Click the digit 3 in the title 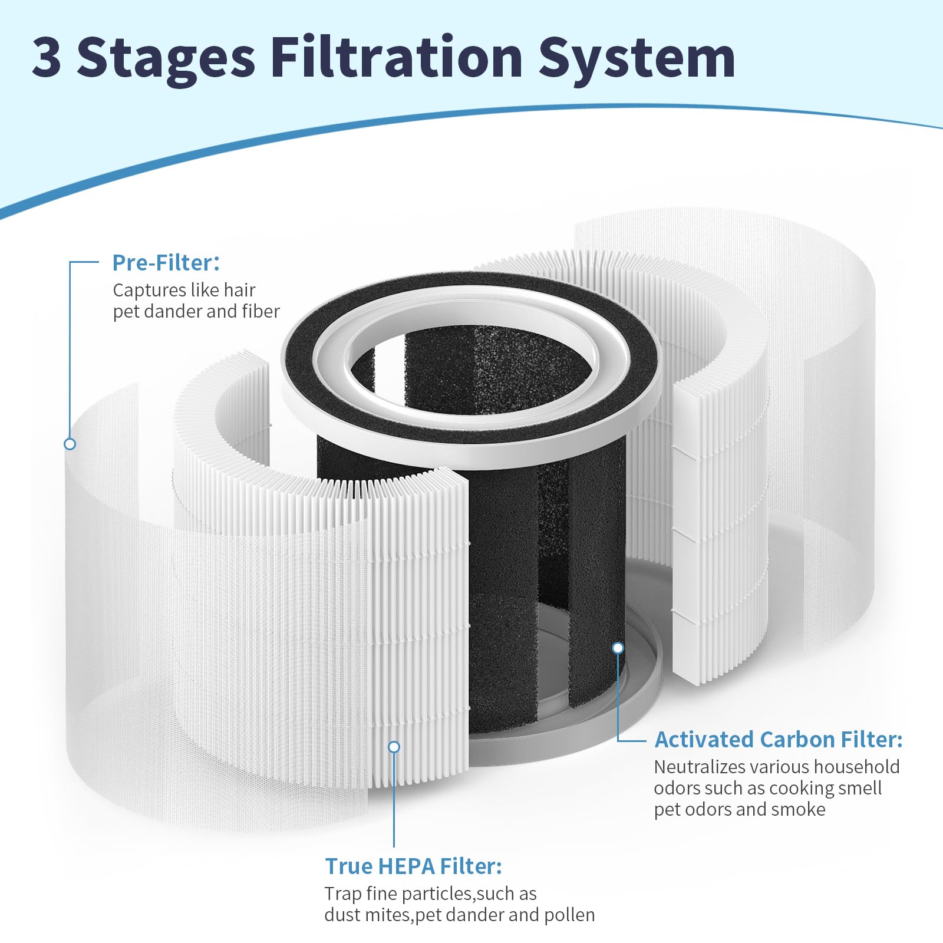47,57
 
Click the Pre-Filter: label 166,263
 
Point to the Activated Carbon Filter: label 778,739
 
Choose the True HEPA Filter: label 413,866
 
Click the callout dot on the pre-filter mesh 70,444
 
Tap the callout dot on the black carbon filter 618,648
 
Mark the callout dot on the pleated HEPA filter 394,747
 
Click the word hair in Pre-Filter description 239,290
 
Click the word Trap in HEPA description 342,893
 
